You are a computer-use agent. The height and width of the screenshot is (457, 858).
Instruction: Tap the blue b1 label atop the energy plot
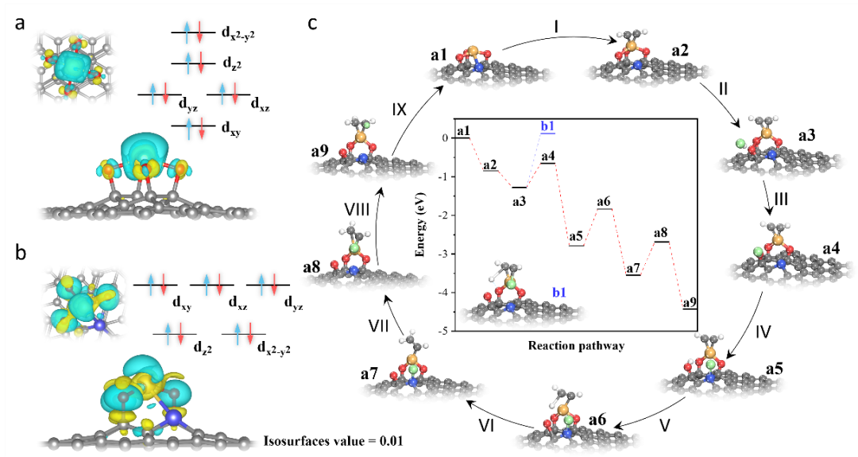pos(547,127)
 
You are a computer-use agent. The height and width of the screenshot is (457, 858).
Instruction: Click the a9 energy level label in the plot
pos(690,303)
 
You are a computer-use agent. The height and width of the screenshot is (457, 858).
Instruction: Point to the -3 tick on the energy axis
pos(447,254)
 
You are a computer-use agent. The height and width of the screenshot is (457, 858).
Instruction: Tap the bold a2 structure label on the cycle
pos(680,51)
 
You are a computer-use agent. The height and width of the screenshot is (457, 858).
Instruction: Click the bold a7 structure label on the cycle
pos(369,373)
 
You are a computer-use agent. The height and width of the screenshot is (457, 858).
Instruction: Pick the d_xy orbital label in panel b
pos(168,303)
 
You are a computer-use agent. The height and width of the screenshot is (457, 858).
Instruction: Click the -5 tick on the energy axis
pos(447,331)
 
